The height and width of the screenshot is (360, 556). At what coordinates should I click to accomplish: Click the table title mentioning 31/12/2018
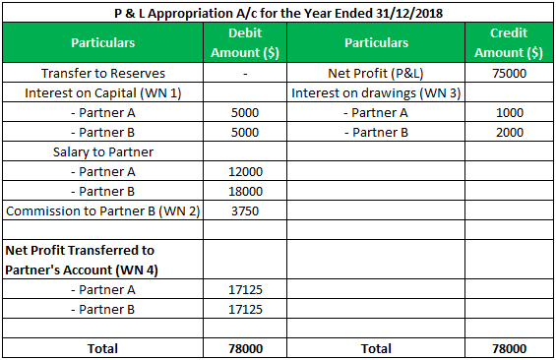[x=277, y=13]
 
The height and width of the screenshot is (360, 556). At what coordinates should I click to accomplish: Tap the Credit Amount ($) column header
[x=508, y=43]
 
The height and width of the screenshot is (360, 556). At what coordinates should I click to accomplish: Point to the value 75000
[x=509, y=74]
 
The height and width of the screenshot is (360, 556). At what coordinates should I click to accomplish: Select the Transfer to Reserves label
[x=103, y=74]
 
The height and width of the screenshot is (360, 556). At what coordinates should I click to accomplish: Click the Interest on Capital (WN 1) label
[x=103, y=93]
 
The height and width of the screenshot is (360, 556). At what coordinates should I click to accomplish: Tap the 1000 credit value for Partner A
[x=509, y=113]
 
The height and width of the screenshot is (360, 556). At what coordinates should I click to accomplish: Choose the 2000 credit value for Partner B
[x=509, y=133]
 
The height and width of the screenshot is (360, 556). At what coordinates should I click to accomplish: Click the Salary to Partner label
[x=103, y=152]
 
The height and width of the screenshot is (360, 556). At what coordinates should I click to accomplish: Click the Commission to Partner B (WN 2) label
[x=103, y=211]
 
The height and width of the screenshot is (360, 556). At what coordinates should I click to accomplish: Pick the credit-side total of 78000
[x=509, y=348]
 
